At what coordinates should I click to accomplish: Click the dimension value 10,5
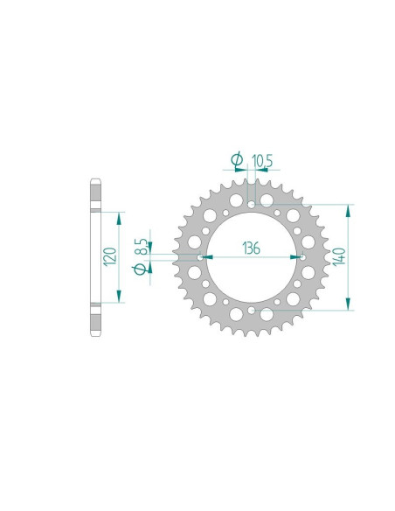pyautogui.click(x=262, y=161)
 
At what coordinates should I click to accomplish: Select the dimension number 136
pyautogui.click(x=252, y=248)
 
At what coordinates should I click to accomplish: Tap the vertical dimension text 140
pyautogui.click(x=339, y=256)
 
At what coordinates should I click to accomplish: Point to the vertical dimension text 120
pyautogui.click(x=109, y=256)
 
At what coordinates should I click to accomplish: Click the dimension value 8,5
pyautogui.click(x=142, y=247)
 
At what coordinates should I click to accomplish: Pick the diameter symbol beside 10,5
pyautogui.click(x=237, y=159)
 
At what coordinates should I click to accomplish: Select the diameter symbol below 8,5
pyautogui.click(x=139, y=269)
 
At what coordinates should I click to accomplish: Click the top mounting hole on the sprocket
pyautogui.click(x=251, y=205)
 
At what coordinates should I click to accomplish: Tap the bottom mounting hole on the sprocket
pyautogui.click(x=251, y=311)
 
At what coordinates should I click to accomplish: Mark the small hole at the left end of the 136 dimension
pyautogui.click(x=200, y=257)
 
